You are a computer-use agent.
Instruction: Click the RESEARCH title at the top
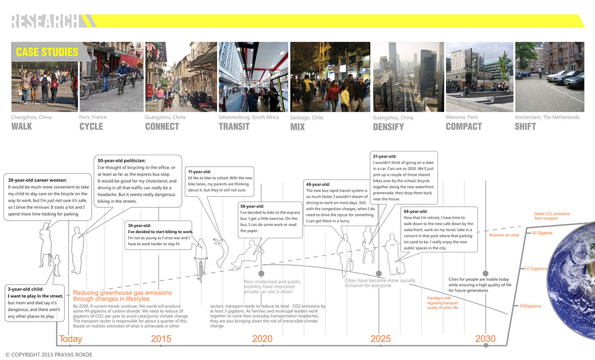click(45, 21)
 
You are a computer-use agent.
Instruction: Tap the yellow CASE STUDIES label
click(47, 52)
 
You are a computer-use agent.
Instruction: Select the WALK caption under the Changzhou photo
click(22, 126)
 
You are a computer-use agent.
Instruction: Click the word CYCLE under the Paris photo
click(91, 126)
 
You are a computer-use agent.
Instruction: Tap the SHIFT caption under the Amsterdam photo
click(525, 126)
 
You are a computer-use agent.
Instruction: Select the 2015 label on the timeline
click(161, 340)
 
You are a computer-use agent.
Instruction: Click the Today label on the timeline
click(71, 340)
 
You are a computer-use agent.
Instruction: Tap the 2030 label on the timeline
click(485, 340)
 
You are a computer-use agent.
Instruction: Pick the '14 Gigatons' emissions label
click(542, 233)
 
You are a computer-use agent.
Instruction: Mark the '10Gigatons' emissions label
click(531, 306)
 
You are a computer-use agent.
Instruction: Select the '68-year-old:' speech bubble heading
click(417, 212)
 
